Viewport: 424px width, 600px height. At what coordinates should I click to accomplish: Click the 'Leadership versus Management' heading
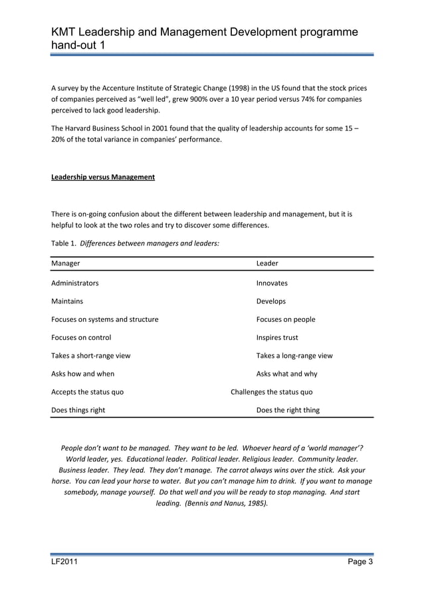(x=103, y=177)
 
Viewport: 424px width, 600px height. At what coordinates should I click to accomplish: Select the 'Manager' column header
(x=66, y=263)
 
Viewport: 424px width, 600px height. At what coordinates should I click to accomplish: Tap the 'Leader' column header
(x=267, y=263)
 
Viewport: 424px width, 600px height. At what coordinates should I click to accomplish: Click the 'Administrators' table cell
(x=75, y=283)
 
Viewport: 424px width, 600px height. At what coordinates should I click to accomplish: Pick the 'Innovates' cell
(x=272, y=283)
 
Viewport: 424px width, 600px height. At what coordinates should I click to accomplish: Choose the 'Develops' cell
(x=271, y=301)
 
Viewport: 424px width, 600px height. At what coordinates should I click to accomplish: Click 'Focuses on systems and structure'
(x=105, y=319)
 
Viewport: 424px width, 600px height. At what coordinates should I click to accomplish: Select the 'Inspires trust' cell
(x=277, y=337)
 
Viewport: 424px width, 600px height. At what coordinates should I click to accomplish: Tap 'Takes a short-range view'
(x=91, y=355)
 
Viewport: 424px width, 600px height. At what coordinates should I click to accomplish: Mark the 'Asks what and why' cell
(x=286, y=374)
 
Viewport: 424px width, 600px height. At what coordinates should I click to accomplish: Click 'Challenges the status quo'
(x=271, y=392)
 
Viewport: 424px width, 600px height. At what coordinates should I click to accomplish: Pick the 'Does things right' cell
(x=78, y=410)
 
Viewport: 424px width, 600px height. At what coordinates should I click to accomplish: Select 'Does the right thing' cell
(x=288, y=410)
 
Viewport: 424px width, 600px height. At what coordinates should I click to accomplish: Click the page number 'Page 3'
(x=360, y=564)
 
